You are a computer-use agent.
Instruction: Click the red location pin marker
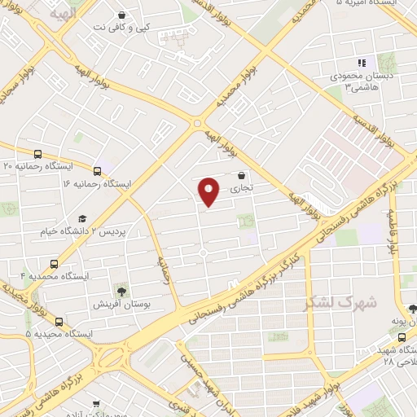click(209, 191)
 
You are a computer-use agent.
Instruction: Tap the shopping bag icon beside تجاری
click(241, 175)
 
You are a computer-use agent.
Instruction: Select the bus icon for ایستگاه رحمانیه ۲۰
click(38, 154)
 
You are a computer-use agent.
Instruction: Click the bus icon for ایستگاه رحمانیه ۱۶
click(98, 172)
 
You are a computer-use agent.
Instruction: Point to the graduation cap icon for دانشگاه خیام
click(81, 219)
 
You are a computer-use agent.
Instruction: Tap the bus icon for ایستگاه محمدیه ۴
click(55, 264)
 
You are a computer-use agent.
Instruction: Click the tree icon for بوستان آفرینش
click(121, 291)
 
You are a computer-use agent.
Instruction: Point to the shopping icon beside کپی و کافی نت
click(121, 15)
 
